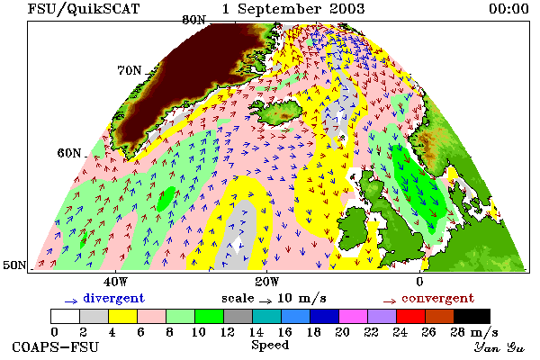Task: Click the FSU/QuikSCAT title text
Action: click(84, 9)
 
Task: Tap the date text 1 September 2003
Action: click(293, 9)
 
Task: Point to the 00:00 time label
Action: click(508, 9)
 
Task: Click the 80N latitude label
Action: click(193, 20)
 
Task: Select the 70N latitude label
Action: click(130, 70)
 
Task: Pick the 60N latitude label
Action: click(69, 153)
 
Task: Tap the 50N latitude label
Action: click(14, 265)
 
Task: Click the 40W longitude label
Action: click(116, 282)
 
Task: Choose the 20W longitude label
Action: click(267, 282)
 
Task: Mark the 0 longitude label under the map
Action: click(419, 282)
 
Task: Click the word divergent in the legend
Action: click(114, 298)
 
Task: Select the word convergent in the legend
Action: click(437, 298)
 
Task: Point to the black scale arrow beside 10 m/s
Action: click(265, 301)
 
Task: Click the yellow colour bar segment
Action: click(122, 316)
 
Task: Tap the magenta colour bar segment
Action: click(354, 316)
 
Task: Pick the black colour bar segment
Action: click(472, 316)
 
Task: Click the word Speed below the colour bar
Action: click(270, 346)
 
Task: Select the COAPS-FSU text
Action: click(55, 346)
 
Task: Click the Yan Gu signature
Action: click(499, 347)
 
